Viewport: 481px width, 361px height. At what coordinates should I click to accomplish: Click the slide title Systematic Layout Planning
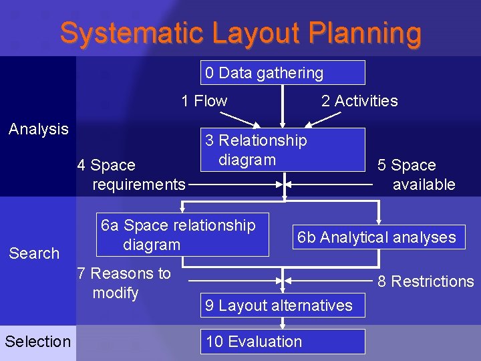240,33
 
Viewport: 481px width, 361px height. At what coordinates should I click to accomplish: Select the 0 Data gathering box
283,72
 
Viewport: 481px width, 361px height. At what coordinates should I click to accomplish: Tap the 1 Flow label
204,101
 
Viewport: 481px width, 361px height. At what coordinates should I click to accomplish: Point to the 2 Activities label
359,101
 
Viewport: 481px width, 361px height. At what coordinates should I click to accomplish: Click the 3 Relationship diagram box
283,150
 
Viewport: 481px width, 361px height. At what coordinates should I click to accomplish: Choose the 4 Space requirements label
132,174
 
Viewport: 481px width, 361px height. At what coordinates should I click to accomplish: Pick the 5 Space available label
416,174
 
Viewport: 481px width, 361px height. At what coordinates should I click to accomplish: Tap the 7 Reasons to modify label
124,283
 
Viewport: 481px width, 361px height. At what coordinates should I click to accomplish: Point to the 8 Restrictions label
426,281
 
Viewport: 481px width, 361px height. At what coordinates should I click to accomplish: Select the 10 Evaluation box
283,342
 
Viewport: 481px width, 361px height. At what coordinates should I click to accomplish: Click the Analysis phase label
39,129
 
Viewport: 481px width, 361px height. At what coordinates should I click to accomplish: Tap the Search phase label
34,253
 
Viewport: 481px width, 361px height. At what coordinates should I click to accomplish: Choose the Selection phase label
37,342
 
